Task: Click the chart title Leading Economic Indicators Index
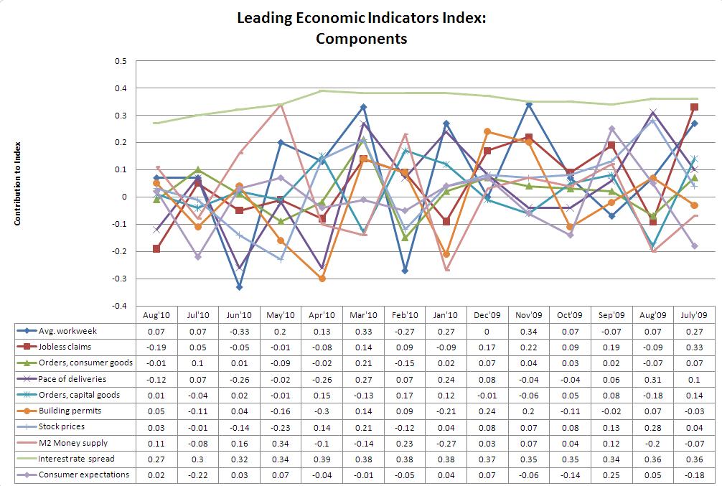(361, 18)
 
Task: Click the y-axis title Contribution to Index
(17, 183)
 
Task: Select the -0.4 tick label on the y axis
(120, 306)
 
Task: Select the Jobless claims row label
(60, 347)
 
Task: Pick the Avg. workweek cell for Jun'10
(239, 331)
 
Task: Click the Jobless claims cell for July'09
(696, 347)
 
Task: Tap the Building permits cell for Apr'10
(322, 411)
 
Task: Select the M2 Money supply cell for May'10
(281, 443)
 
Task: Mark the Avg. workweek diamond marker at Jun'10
(239, 287)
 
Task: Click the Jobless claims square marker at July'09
(694, 107)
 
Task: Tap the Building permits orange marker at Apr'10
(322, 279)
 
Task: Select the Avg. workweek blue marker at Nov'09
(529, 105)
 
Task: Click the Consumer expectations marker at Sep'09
(612, 129)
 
